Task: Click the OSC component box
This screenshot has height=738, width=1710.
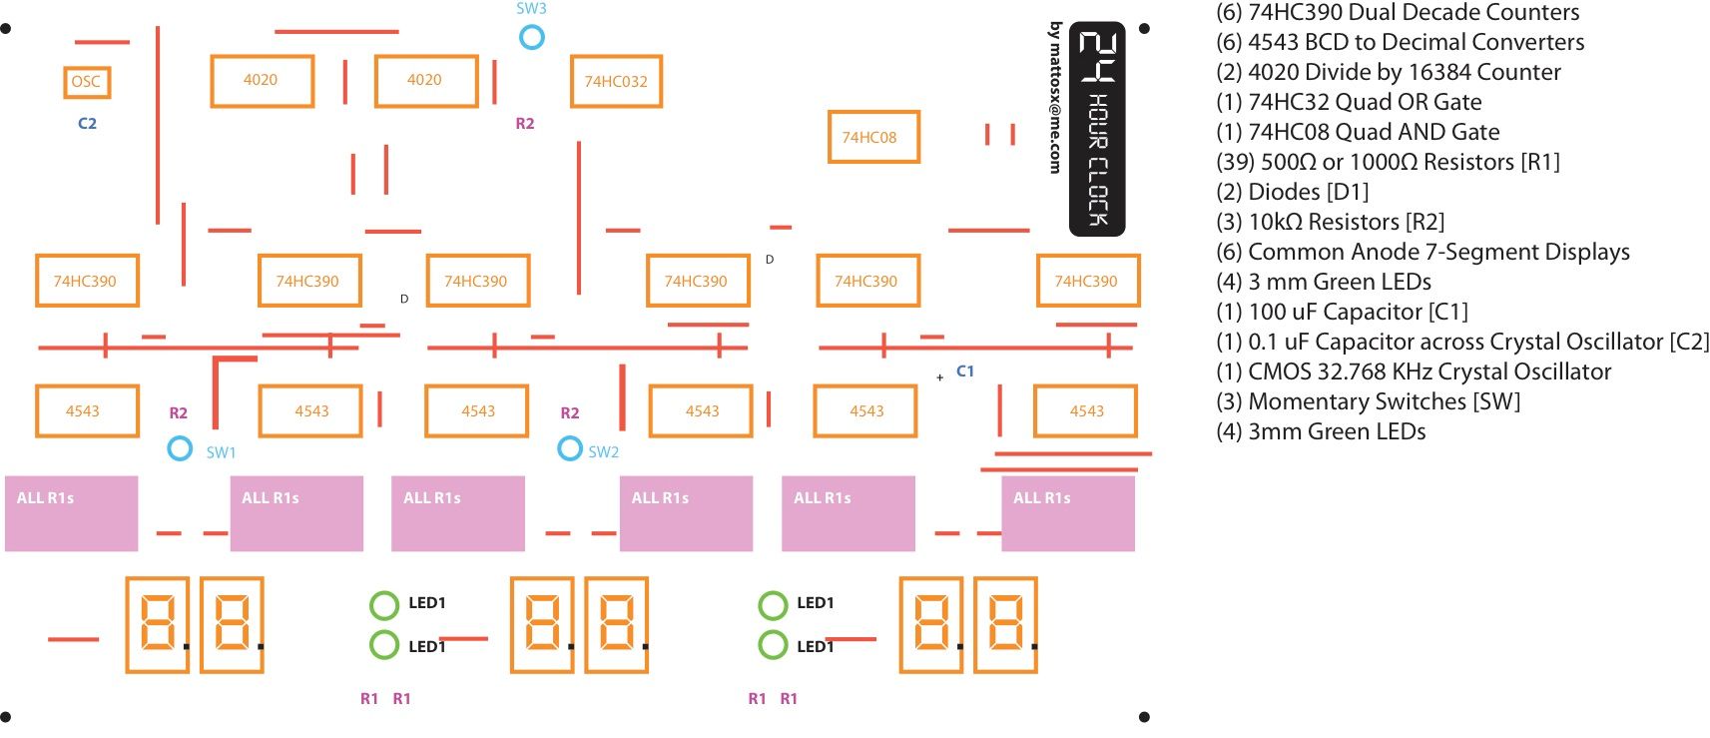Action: pos(86,82)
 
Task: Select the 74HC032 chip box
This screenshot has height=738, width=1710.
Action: pos(616,82)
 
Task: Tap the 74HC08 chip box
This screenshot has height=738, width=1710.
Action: pos(872,137)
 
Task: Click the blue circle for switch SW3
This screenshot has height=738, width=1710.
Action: pos(532,37)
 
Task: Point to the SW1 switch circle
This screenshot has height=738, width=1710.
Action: pos(180,448)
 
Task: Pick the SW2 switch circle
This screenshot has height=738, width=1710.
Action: pos(569,448)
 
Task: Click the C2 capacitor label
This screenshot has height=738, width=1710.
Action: pos(87,124)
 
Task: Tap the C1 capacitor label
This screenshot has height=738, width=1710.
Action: pos(964,370)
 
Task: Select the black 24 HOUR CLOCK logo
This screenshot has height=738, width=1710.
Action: pos(1097,129)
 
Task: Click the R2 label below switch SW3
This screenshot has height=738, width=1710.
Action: pos(524,124)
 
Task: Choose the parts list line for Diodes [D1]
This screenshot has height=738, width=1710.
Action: pos(1293,192)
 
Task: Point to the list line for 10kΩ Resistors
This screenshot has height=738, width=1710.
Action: pos(1330,222)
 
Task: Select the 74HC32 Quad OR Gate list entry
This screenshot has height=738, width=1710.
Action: pos(1349,102)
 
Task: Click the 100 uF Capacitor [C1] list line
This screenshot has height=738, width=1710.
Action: pos(1342,312)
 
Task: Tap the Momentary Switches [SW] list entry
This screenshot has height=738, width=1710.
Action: pos(1369,401)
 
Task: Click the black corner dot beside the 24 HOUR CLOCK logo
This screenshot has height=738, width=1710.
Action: pos(1144,29)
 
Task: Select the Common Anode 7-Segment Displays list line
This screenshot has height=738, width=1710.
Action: pos(1423,252)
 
